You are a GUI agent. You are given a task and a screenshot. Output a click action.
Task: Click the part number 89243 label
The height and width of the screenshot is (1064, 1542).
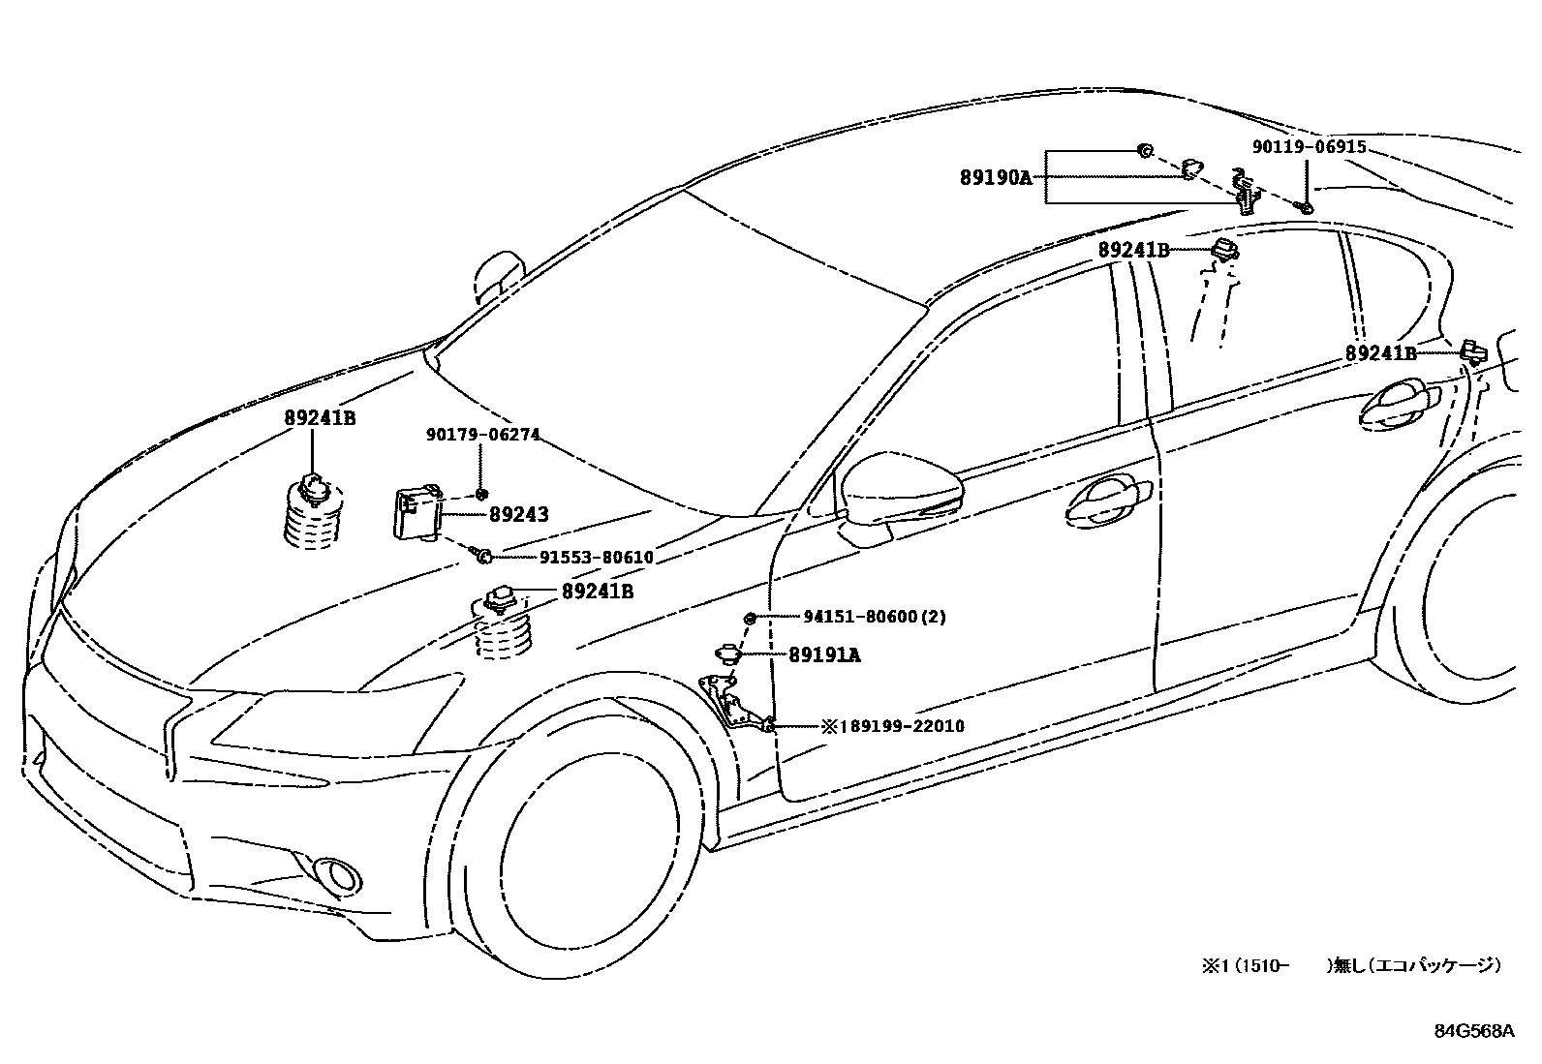point(518,514)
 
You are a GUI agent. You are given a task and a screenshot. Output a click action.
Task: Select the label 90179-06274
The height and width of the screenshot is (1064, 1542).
point(482,435)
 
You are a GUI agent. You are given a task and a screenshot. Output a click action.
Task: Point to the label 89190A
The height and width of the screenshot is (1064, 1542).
point(996,177)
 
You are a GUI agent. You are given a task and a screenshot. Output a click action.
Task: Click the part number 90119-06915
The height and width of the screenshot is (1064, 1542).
point(1309,147)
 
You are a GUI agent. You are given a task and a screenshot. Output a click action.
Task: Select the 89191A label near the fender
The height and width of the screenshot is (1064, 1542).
point(824,655)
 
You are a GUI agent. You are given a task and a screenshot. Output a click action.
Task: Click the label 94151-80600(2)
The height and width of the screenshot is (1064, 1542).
point(875,616)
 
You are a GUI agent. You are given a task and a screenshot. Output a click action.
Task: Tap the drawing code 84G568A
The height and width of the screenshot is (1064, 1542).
point(1473,1032)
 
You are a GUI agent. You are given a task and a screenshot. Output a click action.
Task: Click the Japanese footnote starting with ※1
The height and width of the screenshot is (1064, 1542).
point(1351,965)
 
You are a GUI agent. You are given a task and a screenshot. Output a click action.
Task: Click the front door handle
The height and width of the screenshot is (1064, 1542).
point(1105,501)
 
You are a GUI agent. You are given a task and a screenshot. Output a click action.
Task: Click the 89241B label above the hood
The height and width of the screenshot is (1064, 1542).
point(320,418)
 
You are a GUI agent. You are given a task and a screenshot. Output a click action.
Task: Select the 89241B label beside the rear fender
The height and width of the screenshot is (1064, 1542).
point(1380,354)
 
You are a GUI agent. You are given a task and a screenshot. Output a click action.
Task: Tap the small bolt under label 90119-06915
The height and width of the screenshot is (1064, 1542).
point(1306,206)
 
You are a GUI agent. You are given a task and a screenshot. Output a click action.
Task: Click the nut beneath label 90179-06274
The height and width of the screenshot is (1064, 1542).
point(481,495)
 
